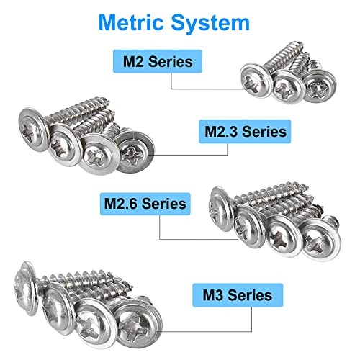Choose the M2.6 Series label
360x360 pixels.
pos(143,203)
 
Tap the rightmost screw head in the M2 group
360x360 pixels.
pos(316,88)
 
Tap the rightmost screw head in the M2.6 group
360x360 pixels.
pos(318,240)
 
